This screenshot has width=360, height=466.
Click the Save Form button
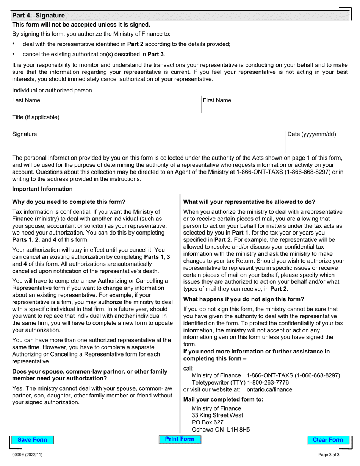pyautogui.click(x=32, y=440)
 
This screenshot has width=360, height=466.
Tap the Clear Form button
pyautogui.click(x=327, y=440)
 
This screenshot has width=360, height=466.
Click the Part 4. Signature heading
pyautogui.click(x=38, y=16)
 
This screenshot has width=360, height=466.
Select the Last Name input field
pyautogui.click(x=106, y=107)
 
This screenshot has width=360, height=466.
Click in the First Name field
pyautogui.click(x=275, y=107)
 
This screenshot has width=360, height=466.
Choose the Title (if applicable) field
pyautogui.click(x=180, y=124)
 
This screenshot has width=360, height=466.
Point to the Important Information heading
pyautogui.click(x=42, y=189)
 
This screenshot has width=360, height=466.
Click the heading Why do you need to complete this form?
pyautogui.click(x=69, y=202)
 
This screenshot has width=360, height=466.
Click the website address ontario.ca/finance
pyautogui.click(x=269, y=389)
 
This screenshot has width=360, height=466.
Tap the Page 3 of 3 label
pyautogui.click(x=329, y=455)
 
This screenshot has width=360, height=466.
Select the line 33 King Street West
pyautogui.click(x=218, y=415)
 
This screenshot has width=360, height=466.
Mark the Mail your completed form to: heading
pyautogui.click(x=223, y=399)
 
